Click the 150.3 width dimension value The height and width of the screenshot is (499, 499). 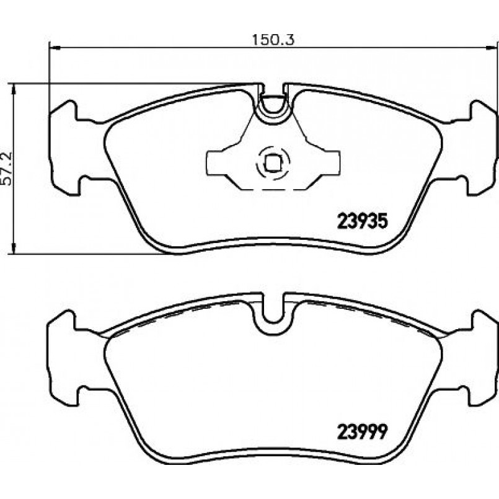pyautogui.click(x=273, y=40)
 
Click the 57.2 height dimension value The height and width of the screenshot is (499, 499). pyautogui.click(x=7, y=169)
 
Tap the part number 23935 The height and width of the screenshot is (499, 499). pyautogui.click(x=363, y=221)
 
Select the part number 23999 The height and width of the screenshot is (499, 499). pyautogui.click(x=363, y=431)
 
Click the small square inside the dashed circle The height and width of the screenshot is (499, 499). pyautogui.click(x=272, y=162)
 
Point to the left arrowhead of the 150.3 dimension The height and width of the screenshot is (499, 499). pyautogui.click(x=55, y=48)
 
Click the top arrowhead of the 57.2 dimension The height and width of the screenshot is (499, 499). pyautogui.click(x=13, y=89)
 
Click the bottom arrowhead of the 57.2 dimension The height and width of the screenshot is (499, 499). pyautogui.click(x=13, y=249)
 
